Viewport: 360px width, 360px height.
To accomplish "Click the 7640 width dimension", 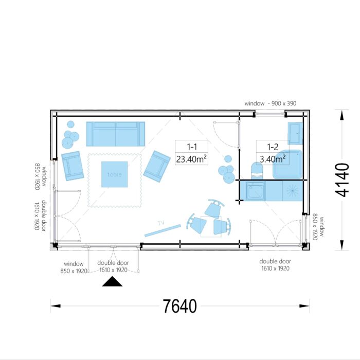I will pos(179,306).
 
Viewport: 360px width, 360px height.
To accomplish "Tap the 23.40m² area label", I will pos(191,159).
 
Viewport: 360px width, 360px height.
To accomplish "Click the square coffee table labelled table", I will pos(114,174).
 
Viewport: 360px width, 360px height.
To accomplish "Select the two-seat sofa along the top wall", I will pos(115,134).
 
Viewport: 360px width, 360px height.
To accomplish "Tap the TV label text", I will pos(160,223).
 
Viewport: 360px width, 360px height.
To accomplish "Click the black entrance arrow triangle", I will pos(112,282).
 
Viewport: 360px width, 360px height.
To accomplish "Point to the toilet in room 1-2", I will pos(256,171).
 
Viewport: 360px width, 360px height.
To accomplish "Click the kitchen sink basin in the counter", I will pos(255,191).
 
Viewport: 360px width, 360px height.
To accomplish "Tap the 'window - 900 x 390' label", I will pos(270,104).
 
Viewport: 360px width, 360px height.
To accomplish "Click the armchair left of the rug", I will pos(73,166).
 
